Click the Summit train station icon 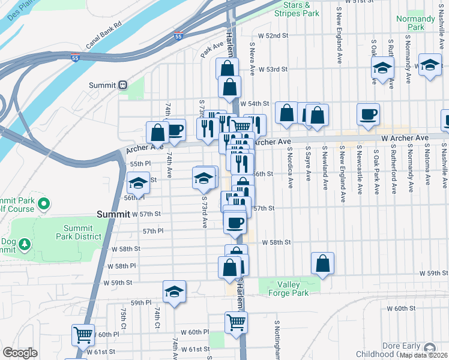pos(122,85)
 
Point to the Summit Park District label pos(88,232)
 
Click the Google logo pos(19,353)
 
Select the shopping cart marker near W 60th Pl pos(82,334)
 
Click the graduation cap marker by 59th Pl pos(174,292)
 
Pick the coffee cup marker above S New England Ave pos(368,114)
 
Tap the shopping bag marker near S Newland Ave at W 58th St pos(322,263)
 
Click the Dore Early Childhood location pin pos(429,349)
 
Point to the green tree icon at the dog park pos(24,244)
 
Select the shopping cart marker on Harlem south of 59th pos(236,322)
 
